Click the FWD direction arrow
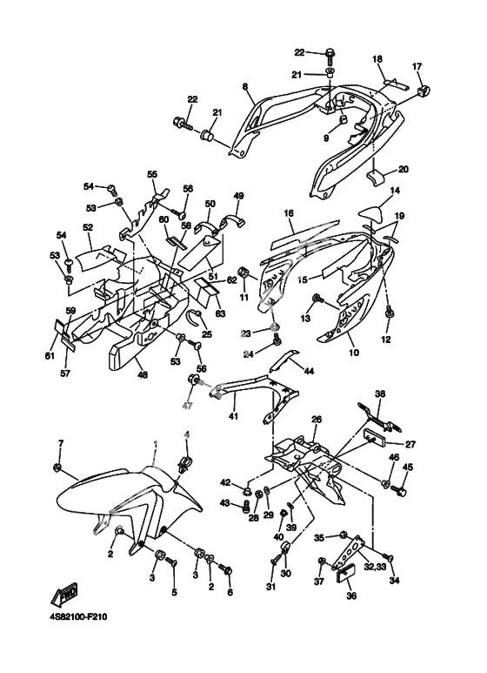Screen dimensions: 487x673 (65, 593)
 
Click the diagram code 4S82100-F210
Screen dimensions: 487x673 (77, 617)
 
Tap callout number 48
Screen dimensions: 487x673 (143, 374)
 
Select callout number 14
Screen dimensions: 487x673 (395, 190)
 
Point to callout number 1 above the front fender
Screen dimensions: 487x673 (156, 442)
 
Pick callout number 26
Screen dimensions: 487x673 (317, 419)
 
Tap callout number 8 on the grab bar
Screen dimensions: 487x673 (245, 87)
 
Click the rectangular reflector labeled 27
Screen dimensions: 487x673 (376, 437)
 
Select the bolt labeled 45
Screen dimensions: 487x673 (402, 489)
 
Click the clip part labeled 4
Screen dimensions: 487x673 (185, 463)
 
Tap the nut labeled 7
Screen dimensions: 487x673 (57, 467)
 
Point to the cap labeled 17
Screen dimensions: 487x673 (424, 91)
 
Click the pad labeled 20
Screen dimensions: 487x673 (374, 178)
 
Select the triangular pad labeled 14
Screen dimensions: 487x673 (372, 214)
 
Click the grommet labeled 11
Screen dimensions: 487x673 (245, 273)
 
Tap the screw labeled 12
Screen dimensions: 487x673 (389, 313)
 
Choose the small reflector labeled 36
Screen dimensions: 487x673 (345, 574)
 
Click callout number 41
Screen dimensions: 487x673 (234, 415)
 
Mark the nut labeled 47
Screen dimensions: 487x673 (193, 380)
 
